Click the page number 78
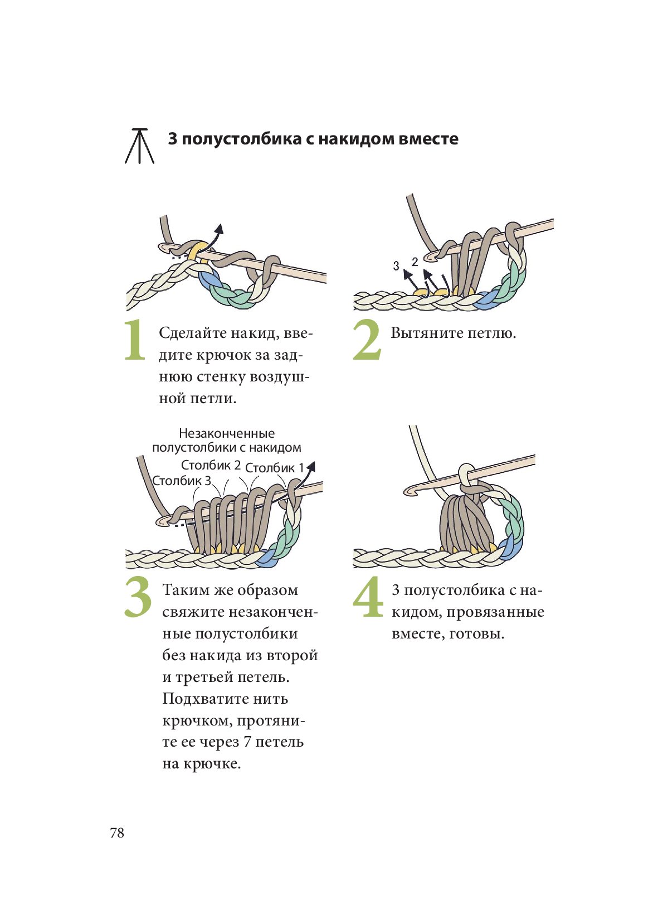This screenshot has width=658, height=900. coord(117,833)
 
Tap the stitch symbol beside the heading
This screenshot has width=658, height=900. coord(139,146)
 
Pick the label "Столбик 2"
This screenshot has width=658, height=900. coord(211,465)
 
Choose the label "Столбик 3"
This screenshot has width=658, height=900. coord(182,481)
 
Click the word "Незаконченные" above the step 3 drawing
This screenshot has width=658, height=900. coord(227,433)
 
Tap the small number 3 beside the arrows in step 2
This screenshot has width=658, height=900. coord(396,266)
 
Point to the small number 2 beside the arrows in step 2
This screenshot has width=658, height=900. coord(415,262)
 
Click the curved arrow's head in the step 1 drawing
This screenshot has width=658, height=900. coord(220,229)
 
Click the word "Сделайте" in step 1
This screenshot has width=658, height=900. coord(187,333)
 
